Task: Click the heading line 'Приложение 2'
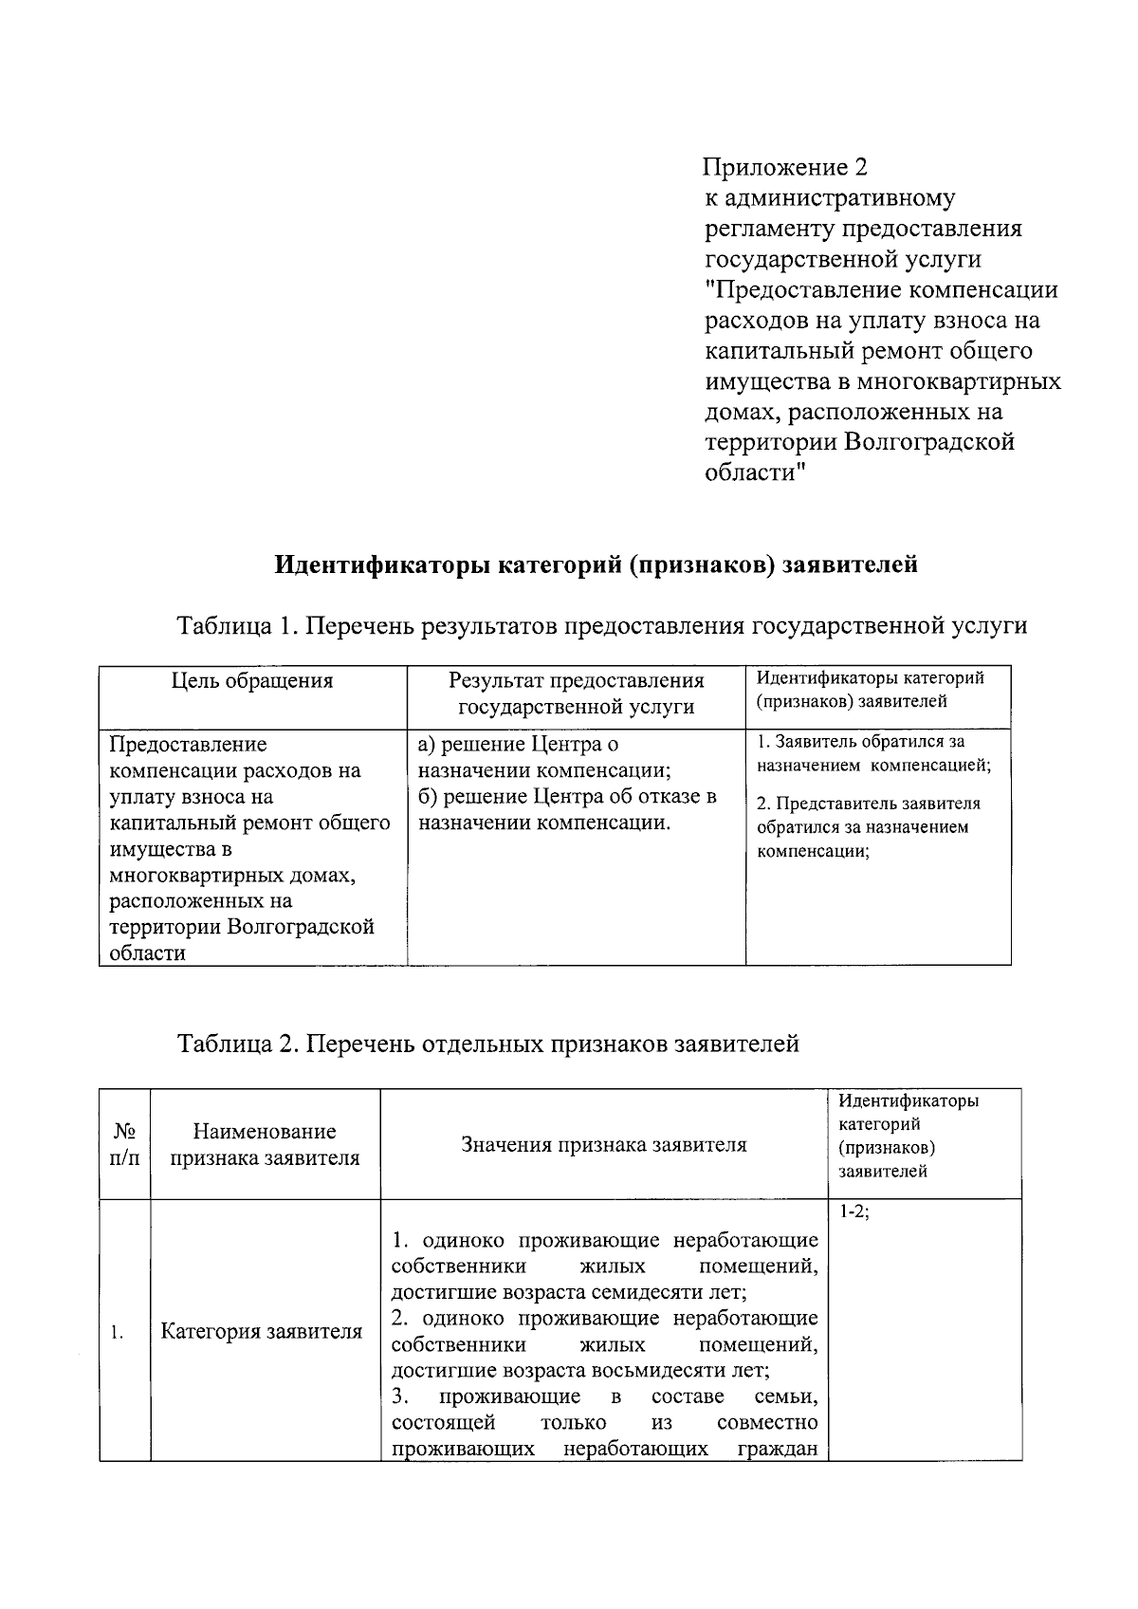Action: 785,168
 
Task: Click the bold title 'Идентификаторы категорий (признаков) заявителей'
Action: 596,565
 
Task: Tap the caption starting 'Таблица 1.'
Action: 602,626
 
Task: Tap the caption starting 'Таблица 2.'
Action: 488,1044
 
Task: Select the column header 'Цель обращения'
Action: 252,680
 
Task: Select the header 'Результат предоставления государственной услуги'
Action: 576,694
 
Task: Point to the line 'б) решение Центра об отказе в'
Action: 567,796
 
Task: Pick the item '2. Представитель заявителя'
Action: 868,804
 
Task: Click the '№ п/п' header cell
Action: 124,1144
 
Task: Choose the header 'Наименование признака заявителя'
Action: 265,1144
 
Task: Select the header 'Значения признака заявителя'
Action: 604,1144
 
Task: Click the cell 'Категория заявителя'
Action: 262,1332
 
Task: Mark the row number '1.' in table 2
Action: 116,1333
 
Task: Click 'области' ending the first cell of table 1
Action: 147,953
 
